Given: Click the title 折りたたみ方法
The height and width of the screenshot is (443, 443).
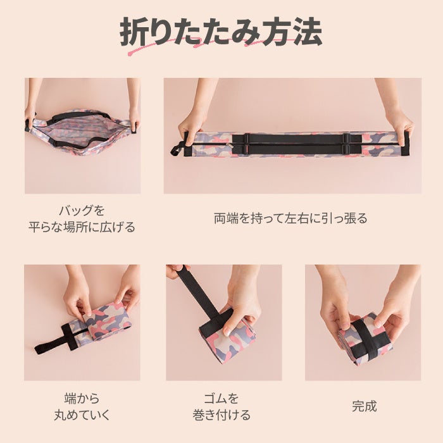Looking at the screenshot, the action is coord(221,32).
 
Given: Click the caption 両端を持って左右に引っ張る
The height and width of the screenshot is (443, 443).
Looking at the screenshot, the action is coord(290,218).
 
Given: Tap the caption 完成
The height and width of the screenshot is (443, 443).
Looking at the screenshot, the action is coord(364,406).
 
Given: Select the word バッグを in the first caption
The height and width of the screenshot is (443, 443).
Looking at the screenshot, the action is coord(82,210).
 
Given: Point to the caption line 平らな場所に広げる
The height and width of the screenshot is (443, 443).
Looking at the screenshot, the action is coord(82,227).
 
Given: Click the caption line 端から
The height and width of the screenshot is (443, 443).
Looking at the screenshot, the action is coord(82,398).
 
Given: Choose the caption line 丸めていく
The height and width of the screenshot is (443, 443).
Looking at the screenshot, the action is coord(82,415).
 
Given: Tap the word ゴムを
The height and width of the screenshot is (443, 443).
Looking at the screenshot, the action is coord(221,398).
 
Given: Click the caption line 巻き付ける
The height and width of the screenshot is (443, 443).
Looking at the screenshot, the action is coord(221,415).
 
